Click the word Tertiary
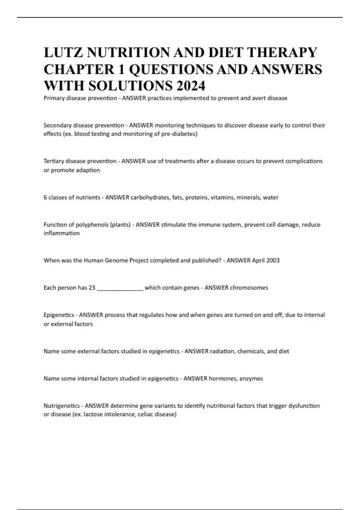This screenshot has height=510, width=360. pos(54,161)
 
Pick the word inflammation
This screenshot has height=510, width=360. pos(61,233)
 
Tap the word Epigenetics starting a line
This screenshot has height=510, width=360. pos(59,315)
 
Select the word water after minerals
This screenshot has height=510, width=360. pos(271,197)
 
